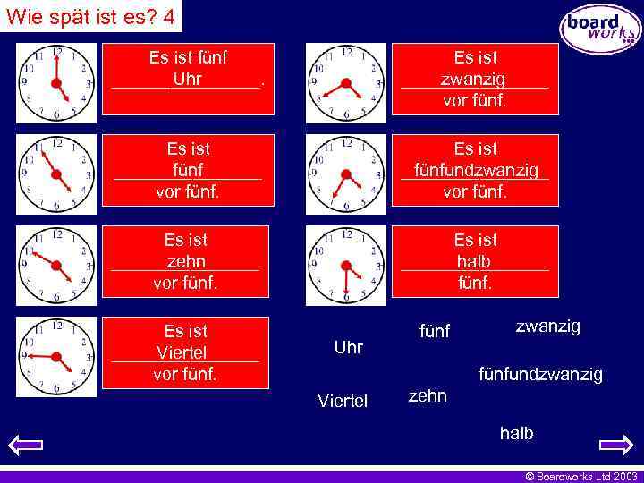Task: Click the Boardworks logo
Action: [x=600, y=28]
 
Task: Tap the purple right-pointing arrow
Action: [x=616, y=445]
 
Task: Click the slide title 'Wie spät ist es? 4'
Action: [x=90, y=15]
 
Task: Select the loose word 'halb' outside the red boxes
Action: [x=516, y=433]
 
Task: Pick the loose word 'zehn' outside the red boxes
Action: [x=428, y=395]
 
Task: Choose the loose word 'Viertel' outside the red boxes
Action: [x=342, y=400]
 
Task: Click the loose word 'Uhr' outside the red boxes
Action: [x=348, y=347]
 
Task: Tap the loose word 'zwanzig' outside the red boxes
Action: [x=547, y=326]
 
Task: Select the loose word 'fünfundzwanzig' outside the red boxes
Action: [x=540, y=373]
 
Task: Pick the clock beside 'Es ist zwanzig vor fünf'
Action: [x=346, y=83]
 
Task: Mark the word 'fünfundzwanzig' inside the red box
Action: [x=476, y=170]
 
